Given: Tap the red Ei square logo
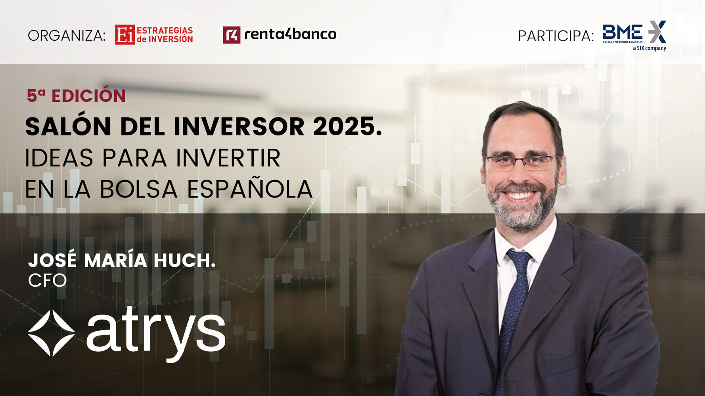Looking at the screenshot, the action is pos(125,34).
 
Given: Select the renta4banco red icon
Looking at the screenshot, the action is pos(232,35).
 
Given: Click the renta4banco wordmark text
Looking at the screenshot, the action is pos(290,34).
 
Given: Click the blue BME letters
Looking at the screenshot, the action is pos(623,32).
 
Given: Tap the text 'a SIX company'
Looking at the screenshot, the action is pos(649,48).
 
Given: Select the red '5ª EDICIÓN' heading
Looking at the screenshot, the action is pos(76,96).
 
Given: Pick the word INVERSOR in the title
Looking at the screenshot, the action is pos(239,127).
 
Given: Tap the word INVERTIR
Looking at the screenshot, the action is pos(228,158).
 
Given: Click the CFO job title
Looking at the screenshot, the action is pos(47,280).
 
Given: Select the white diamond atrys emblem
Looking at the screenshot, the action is pos(52,333).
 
